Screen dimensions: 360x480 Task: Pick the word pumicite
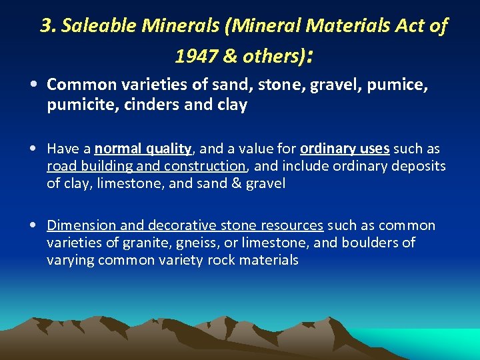coord(75,105)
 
